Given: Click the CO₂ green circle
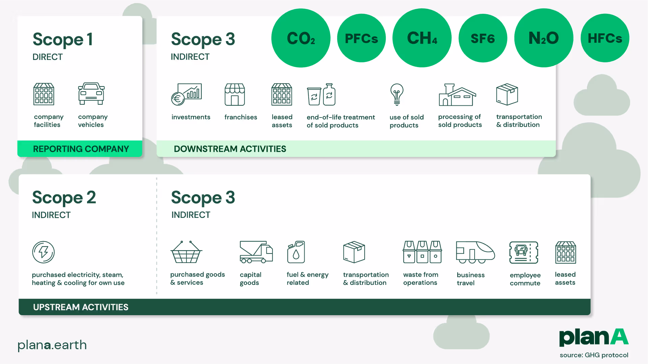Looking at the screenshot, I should click(301, 38).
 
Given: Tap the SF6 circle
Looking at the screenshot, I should click(483, 38).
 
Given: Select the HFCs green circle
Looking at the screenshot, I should click(604, 38).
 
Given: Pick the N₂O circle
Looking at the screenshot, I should click(543, 38).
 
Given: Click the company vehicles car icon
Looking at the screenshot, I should click(91, 94).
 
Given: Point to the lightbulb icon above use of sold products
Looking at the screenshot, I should click(397, 94).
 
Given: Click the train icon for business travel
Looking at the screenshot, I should click(475, 252).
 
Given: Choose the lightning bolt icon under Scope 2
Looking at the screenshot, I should click(43, 252).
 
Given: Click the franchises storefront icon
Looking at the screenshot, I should click(235, 95).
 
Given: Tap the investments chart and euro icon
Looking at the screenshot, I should click(187, 94).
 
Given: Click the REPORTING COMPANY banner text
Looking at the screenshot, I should click(81, 149).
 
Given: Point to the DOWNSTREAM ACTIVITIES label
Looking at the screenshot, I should click(230, 149).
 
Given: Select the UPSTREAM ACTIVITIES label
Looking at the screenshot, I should click(81, 307).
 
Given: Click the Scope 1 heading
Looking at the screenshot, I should click(62, 39).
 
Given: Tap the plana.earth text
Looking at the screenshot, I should click(52, 345).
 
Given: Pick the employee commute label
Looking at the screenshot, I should click(525, 279).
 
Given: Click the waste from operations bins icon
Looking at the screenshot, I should click(422, 252).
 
